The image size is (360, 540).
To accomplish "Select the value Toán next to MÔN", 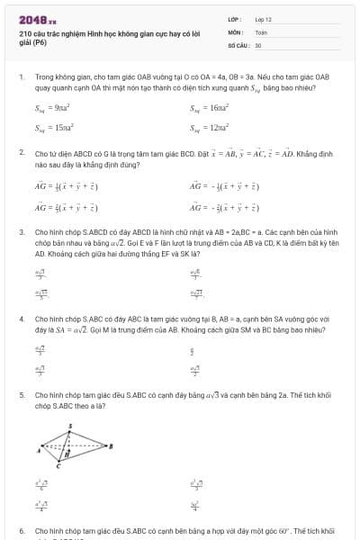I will [261, 31].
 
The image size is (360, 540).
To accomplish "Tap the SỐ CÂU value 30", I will [258, 43].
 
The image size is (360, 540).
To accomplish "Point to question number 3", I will [21, 231].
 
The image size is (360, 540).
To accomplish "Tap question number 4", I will [21, 319].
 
